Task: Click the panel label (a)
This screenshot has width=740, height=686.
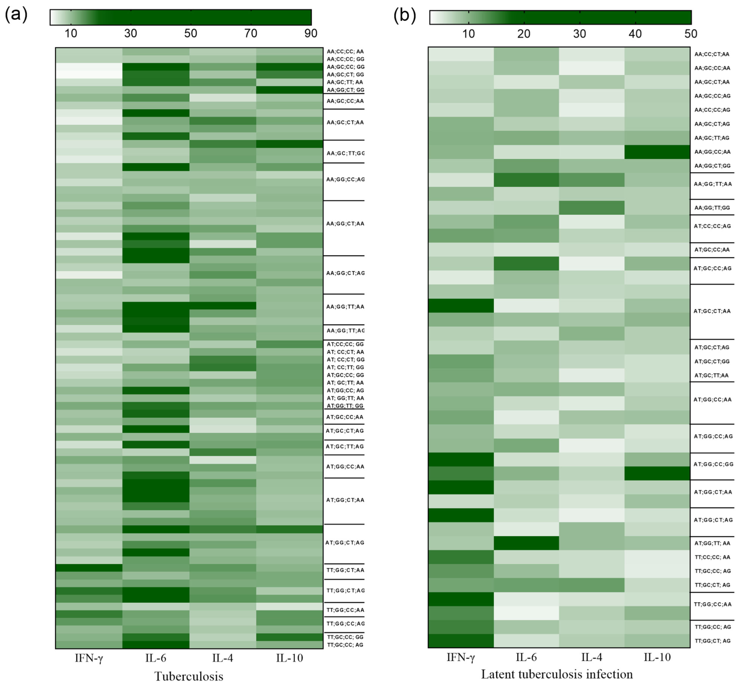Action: click(x=16, y=16)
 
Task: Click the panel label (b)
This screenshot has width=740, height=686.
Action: click(x=404, y=16)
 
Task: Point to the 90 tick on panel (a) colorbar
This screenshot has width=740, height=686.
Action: click(x=311, y=33)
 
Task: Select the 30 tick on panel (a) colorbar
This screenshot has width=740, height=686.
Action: click(x=130, y=33)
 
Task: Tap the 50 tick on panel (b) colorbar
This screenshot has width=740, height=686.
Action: click(x=690, y=34)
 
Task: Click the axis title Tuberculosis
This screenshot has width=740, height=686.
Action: click(x=189, y=676)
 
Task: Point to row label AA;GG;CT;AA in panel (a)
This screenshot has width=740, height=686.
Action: click(x=345, y=223)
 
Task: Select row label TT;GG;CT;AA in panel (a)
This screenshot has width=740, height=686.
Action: click(x=345, y=570)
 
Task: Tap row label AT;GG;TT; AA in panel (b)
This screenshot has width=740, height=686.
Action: click(x=712, y=543)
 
